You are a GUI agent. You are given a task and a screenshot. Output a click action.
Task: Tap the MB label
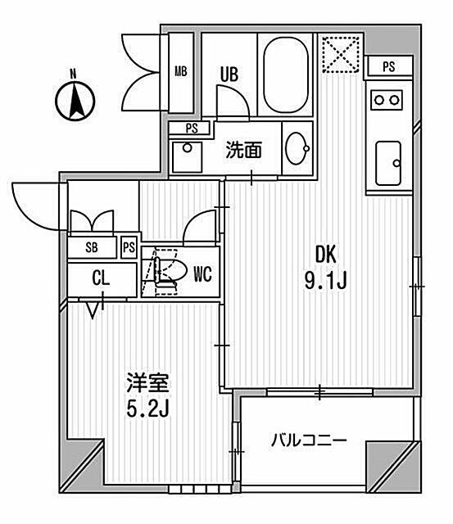click(x=180, y=71)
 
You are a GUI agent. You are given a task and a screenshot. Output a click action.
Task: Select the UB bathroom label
click(x=228, y=73)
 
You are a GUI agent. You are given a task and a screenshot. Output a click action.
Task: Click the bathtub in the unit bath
click(x=284, y=76)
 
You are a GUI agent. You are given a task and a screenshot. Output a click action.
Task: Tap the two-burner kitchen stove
click(x=388, y=100)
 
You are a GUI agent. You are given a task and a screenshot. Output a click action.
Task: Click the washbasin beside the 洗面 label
click(x=297, y=149)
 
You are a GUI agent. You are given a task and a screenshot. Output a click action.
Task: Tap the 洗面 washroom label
click(x=243, y=150)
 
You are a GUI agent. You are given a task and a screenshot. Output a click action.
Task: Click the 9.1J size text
click(x=328, y=282)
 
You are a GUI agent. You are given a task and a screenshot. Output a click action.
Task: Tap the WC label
click(x=202, y=274)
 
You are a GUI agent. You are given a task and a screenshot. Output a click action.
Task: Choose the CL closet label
click(x=100, y=278)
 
